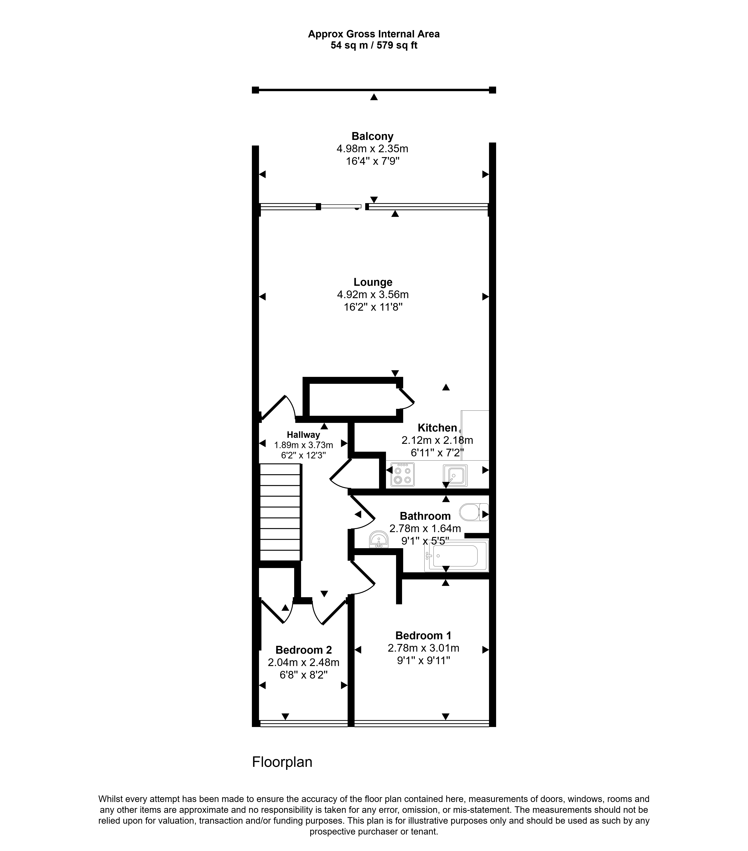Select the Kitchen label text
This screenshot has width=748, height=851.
(x=437, y=428)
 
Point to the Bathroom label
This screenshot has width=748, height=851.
(x=425, y=516)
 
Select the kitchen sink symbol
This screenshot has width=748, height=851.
(x=455, y=475)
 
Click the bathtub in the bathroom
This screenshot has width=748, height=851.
(x=456, y=556)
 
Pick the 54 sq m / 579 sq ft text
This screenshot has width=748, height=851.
(x=374, y=45)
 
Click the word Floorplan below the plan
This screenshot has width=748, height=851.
(x=282, y=762)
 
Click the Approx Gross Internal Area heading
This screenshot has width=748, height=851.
(x=374, y=34)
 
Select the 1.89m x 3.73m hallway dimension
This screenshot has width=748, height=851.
(x=304, y=445)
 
